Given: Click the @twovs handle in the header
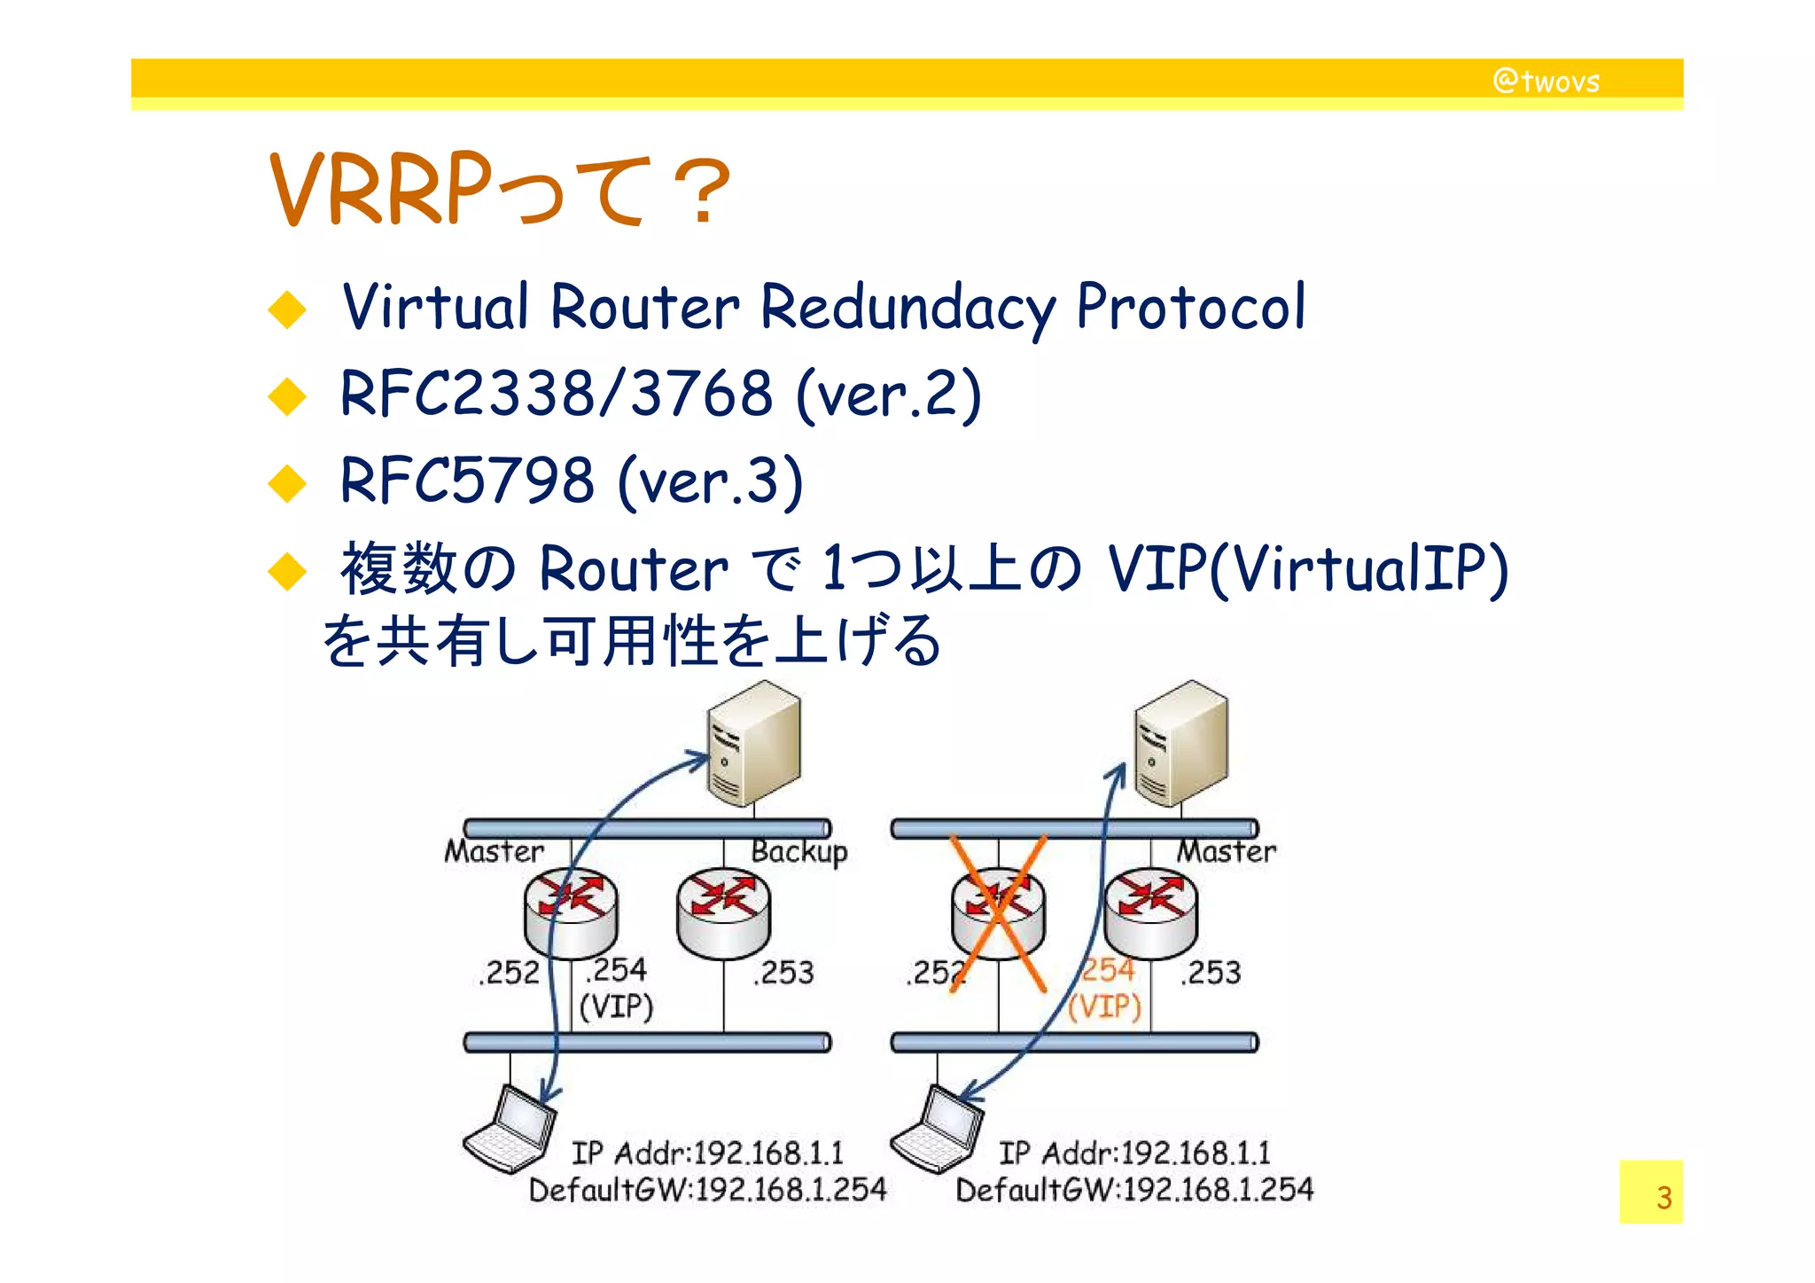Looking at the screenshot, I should pos(1546,82).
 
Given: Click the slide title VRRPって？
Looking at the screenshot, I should pos(500,190).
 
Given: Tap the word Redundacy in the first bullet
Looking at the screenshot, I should pos(907,307).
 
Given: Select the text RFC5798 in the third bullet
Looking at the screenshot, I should pos(466,481).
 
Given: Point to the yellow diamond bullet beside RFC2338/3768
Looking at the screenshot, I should pos(287,395).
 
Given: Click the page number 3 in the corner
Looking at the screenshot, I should pos(1663,1198).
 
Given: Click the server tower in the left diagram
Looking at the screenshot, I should pos(753,743).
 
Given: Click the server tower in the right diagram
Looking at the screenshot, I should pos(1181,743).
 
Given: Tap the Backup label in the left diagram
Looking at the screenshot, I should pos(798,851).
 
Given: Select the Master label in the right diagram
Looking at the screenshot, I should pos(1226,851).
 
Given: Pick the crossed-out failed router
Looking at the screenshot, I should pos(998,913).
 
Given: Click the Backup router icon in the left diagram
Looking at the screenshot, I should pos(723,913).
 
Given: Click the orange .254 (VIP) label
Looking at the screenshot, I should pos(1105,989).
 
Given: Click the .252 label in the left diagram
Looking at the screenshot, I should pos(509,973).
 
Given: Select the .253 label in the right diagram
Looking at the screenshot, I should pos(1211,973).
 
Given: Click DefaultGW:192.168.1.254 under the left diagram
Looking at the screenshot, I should pos(707,1190).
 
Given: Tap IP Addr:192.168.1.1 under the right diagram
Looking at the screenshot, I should pos(1134,1153).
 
